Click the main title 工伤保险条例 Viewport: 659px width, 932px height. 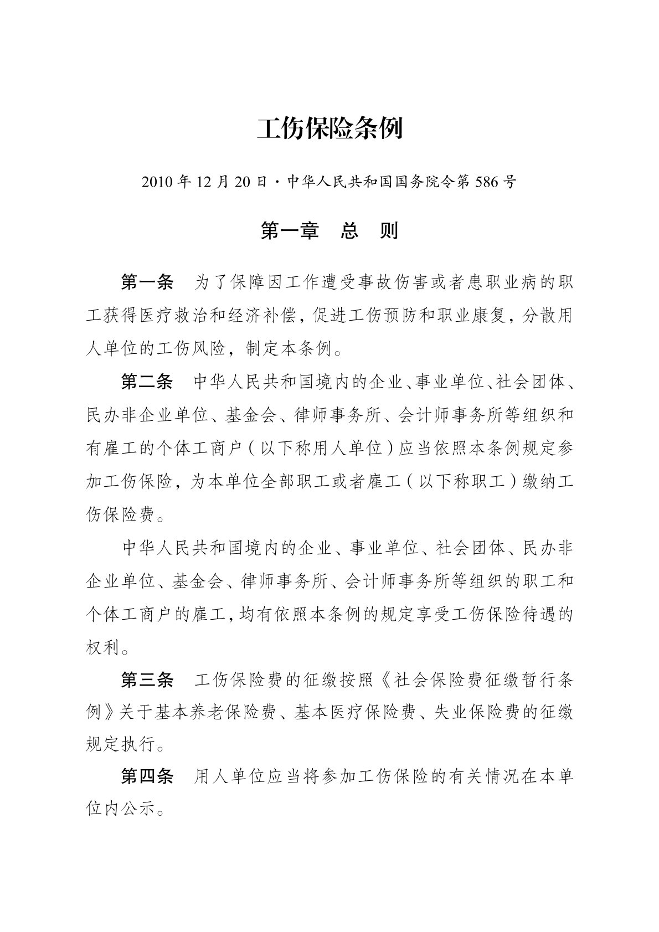click(329, 128)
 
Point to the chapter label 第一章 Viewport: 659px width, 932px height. click(289, 231)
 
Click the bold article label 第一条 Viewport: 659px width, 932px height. click(147, 282)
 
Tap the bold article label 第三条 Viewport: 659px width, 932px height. click(147, 680)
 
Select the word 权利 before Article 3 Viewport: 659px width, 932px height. click(103, 647)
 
